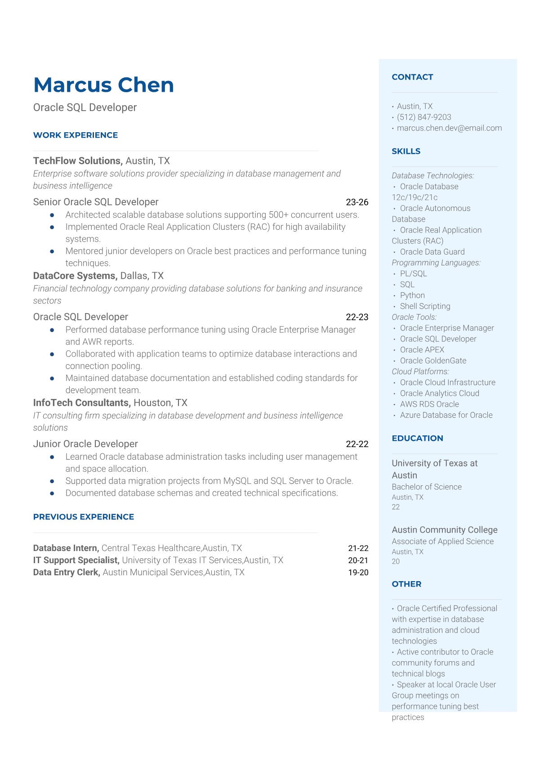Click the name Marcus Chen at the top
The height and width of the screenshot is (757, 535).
coord(103,85)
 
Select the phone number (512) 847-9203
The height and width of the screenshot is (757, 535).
coord(424,117)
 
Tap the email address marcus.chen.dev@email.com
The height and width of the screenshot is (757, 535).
coord(449,128)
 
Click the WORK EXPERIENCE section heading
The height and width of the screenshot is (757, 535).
coord(76,135)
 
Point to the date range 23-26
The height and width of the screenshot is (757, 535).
coord(357,202)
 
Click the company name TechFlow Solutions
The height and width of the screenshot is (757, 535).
coord(77,161)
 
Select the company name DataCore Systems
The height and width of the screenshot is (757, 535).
coord(75,276)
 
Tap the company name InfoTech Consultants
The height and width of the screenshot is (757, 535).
coord(81,403)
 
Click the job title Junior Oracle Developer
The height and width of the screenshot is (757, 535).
coord(85,444)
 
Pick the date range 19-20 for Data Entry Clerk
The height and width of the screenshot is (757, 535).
coord(358,573)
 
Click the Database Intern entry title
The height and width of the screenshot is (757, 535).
coord(66,548)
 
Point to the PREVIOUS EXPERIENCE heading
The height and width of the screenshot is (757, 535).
coord(84,517)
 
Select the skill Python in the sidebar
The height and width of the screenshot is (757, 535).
coord(412,295)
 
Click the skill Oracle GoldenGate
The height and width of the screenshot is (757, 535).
coord(433,360)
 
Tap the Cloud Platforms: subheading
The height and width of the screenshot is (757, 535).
coord(420,372)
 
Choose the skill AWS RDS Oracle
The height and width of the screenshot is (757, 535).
coord(429,404)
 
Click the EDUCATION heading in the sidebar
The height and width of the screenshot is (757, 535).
coord(417,438)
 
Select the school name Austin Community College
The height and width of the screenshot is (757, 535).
coord(445,530)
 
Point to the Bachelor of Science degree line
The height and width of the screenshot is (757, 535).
coord(427,487)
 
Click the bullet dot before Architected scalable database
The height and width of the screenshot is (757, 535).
coord(52,215)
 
